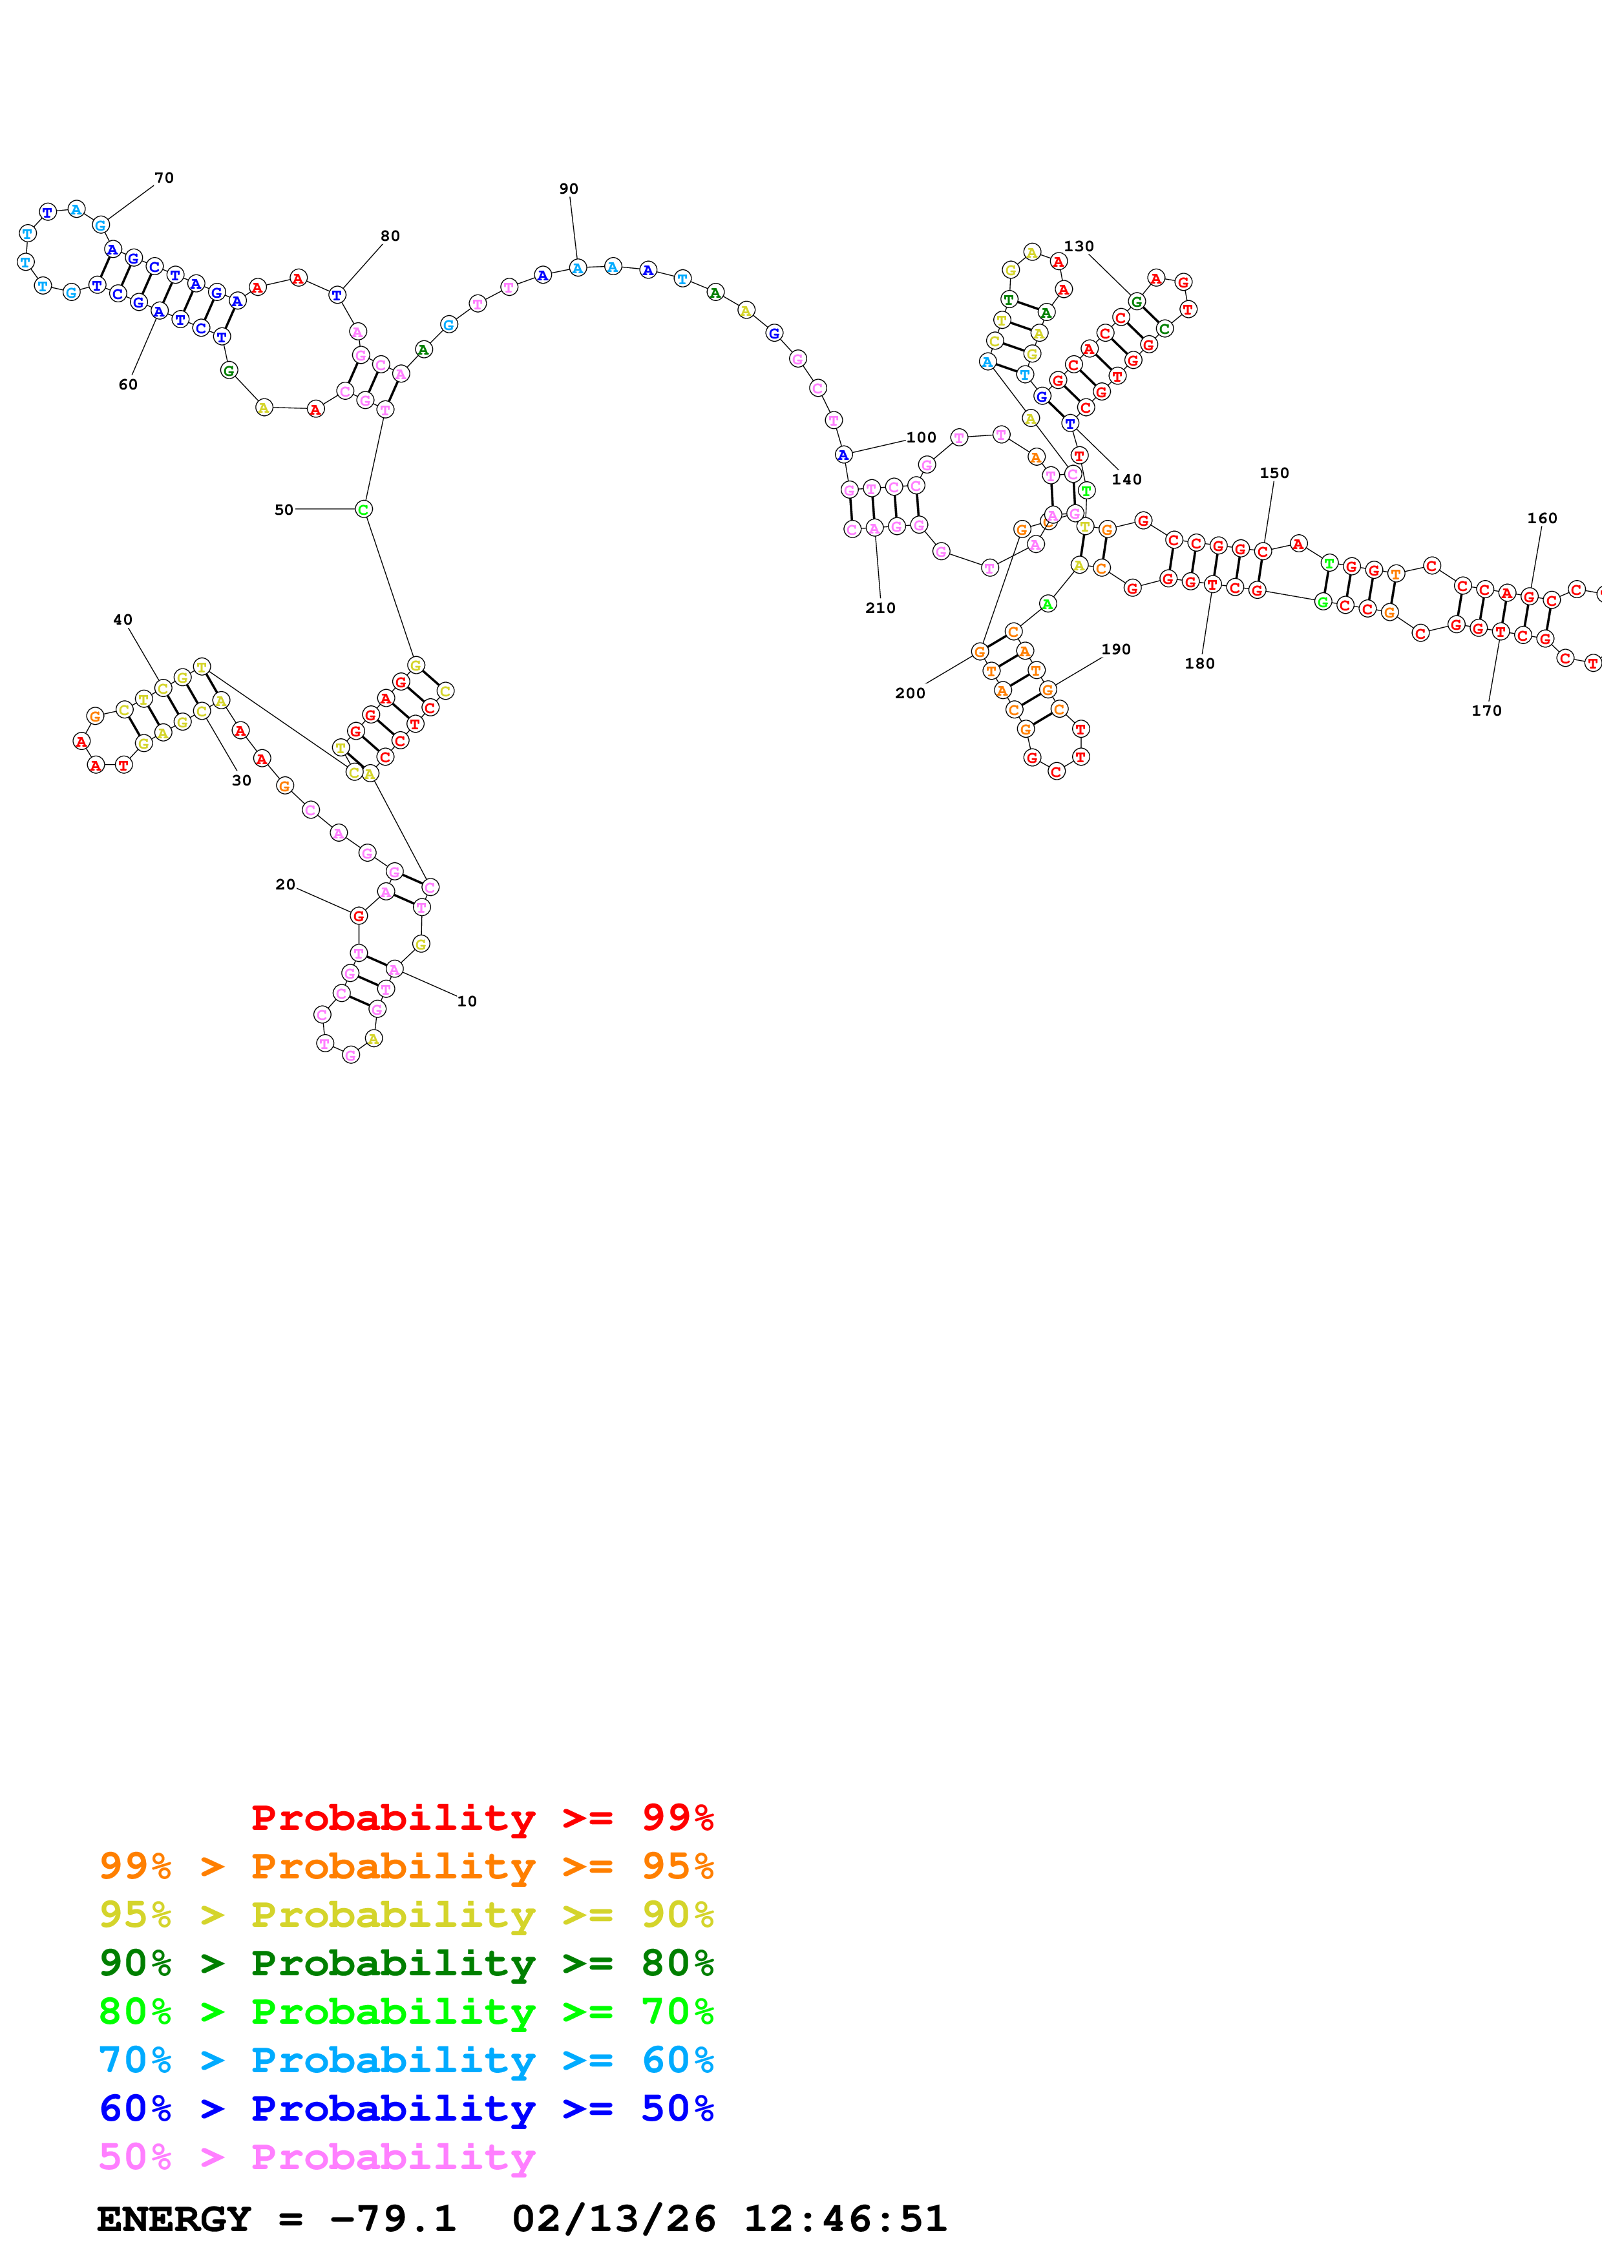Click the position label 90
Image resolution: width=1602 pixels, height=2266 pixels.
569,189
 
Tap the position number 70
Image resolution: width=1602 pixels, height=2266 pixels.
164,178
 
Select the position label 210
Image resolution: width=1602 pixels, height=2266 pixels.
880,608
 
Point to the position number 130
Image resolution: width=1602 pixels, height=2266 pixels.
1079,245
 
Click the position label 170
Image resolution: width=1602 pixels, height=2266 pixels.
1486,711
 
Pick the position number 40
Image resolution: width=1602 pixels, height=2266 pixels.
122,620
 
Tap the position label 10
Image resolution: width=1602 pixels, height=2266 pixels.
467,1001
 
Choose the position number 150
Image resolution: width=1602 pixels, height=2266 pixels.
1274,473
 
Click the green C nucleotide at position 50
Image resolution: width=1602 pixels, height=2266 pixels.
363,509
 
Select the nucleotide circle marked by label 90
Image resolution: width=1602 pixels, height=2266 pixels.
578,267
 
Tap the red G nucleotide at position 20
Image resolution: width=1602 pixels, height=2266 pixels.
358,916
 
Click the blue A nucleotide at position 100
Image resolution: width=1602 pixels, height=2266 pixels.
843,454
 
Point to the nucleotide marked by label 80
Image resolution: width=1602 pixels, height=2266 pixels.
337,294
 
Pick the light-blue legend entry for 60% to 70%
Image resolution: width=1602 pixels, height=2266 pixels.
406,2060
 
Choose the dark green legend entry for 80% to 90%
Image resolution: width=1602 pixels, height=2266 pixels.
406,1963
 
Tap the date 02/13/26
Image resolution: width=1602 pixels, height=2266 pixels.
614,2219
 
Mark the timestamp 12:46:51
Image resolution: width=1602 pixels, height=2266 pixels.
845,2219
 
